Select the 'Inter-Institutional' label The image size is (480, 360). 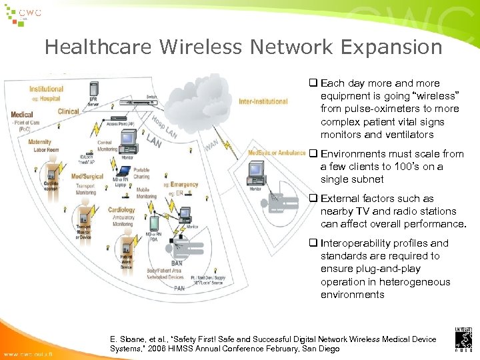[263, 102]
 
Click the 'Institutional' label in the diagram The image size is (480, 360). [46, 89]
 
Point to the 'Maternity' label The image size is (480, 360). [39, 142]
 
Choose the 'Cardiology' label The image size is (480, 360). [121, 210]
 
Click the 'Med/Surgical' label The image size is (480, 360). [87, 177]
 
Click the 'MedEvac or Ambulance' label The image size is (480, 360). [277, 153]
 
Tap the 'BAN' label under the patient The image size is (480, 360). [177, 264]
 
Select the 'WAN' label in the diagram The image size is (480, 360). [211, 145]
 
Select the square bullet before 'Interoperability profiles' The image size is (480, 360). [312, 243]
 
